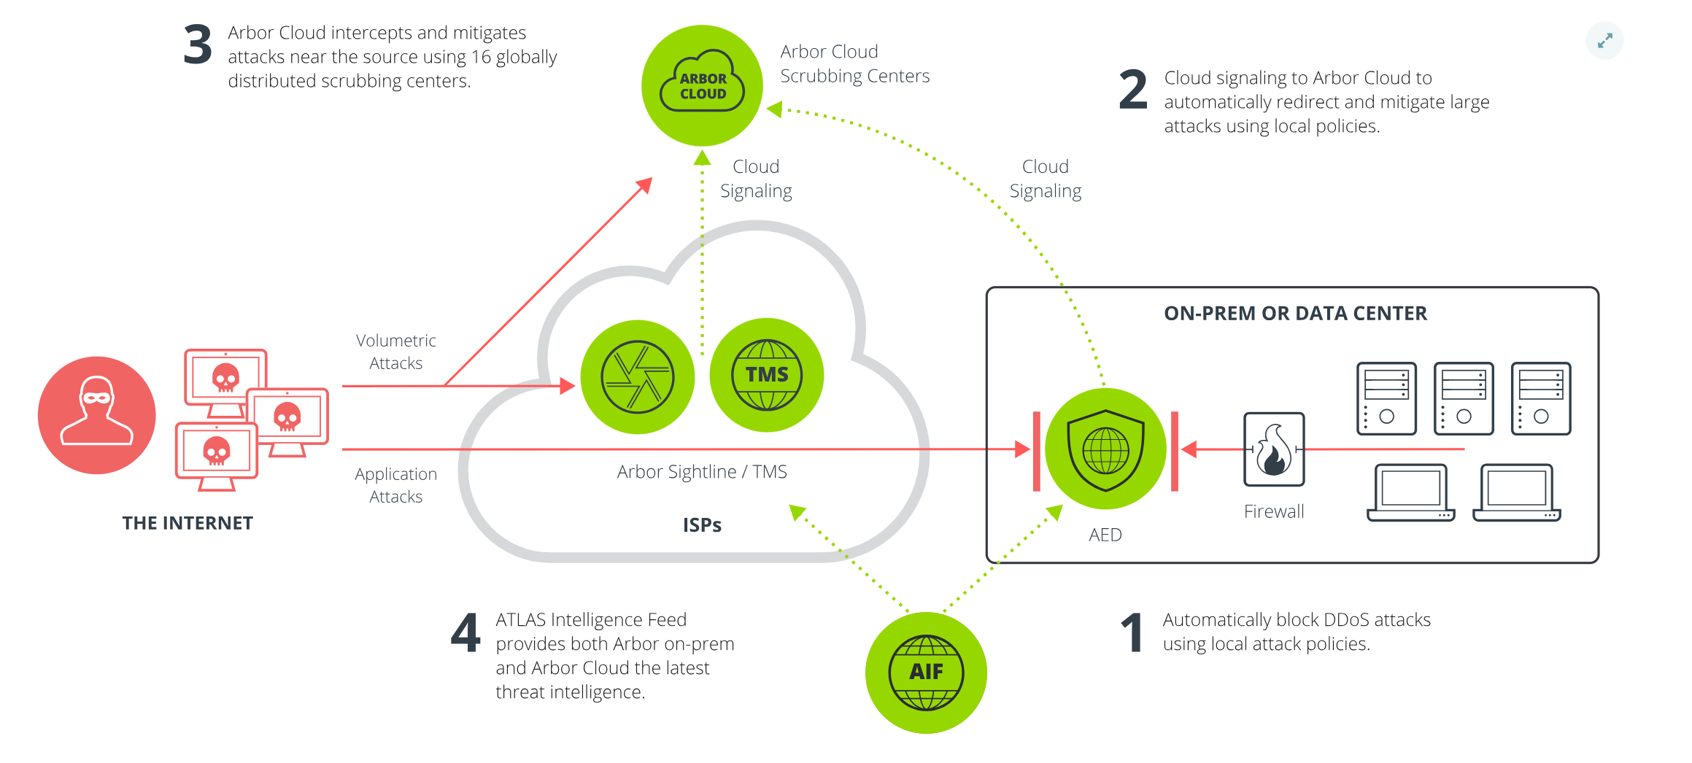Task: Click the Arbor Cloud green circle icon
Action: (x=702, y=85)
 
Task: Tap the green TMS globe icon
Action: (x=766, y=375)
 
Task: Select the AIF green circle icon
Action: (x=926, y=672)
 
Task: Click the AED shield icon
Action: (x=1105, y=449)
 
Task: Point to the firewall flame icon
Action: (x=1274, y=449)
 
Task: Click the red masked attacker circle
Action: (x=97, y=415)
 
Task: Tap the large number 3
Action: (x=198, y=45)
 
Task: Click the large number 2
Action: (x=1133, y=90)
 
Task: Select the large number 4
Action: (x=466, y=632)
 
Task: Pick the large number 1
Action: (x=1132, y=632)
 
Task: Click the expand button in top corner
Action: (x=1604, y=41)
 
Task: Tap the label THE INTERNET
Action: (x=188, y=523)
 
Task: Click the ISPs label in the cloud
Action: (x=702, y=525)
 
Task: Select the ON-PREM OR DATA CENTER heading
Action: (x=1295, y=314)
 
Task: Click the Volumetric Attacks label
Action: (x=395, y=352)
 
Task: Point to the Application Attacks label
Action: (x=395, y=485)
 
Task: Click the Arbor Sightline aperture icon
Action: (x=637, y=376)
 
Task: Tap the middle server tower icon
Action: (x=1463, y=398)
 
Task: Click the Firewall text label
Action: (x=1274, y=511)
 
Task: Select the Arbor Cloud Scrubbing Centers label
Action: (x=854, y=63)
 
